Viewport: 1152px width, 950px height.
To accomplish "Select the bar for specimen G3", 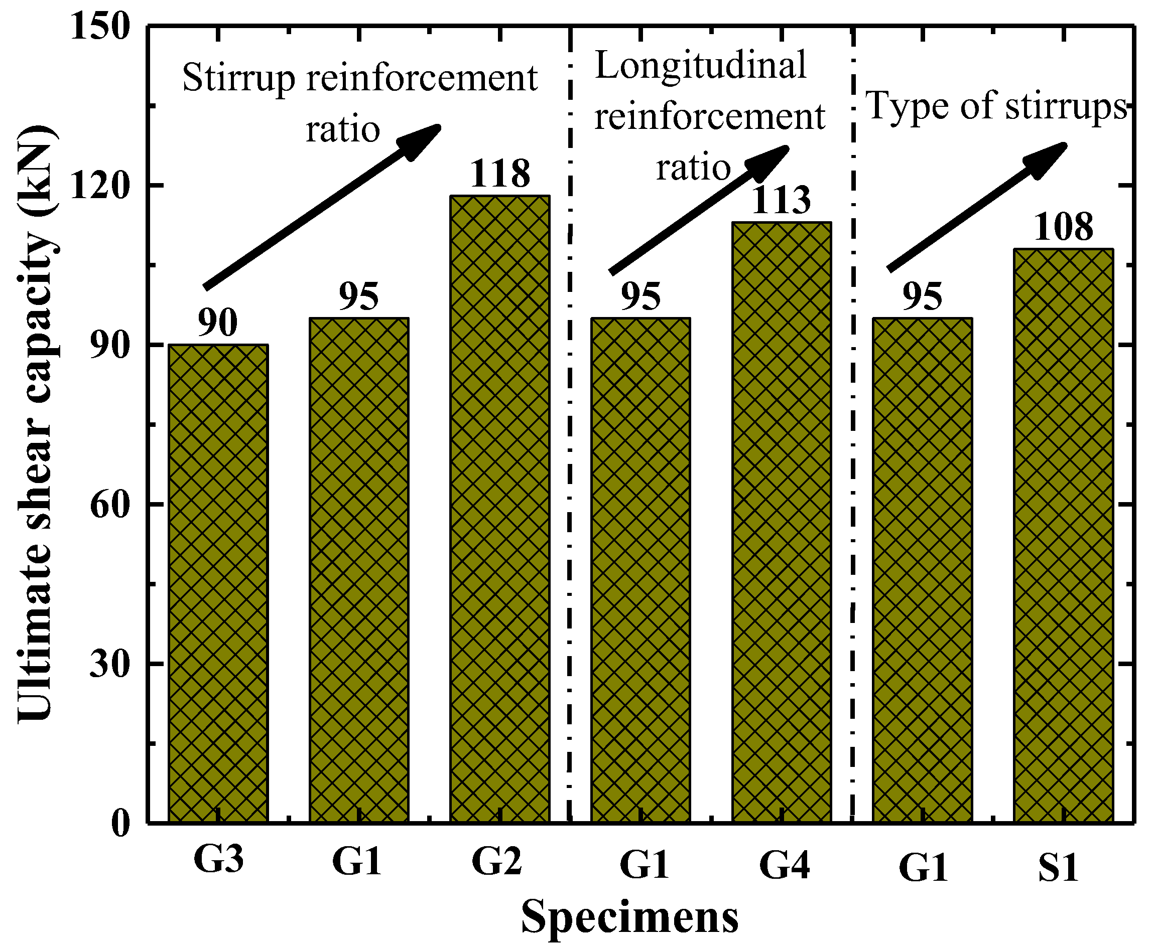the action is pyautogui.click(x=218, y=583).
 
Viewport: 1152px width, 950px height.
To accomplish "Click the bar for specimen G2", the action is pyautogui.click(x=500, y=509).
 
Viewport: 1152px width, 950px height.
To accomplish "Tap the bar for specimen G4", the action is pyautogui.click(x=782, y=522).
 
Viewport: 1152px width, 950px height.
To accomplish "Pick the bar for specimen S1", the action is pyautogui.click(x=1064, y=535).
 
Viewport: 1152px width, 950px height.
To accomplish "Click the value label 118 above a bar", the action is pyautogui.click(x=500, y=174).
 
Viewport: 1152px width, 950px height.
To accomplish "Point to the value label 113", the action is pyautogui.click(x=781, y=200).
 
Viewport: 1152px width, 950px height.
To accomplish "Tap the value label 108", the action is pyautogui.click(x=1063, y=227).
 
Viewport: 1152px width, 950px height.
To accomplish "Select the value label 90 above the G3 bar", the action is pyautogui.click(x=217, y=323).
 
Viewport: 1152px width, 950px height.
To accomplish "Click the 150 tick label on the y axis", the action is pyautogui.click(x=100, y=26).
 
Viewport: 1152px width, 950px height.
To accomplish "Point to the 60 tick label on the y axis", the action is pyautogui.click(x=110, y=504).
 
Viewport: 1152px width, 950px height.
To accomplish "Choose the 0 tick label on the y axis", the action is pyautogui.click(x=120, y=823).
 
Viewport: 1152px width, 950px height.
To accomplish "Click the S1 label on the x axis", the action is pyautogui.click(x=1058, y=867).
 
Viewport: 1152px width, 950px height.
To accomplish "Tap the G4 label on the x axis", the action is pyautogui.click(x=784, y=865).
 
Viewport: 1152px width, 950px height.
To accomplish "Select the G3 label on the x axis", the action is pyautogui.click(x=218, y=859).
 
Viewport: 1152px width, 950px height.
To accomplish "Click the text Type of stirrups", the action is pyautogui.click(x=996, y=106).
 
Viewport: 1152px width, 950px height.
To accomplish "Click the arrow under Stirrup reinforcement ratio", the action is pyautogui.click(x=322, y=206).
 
